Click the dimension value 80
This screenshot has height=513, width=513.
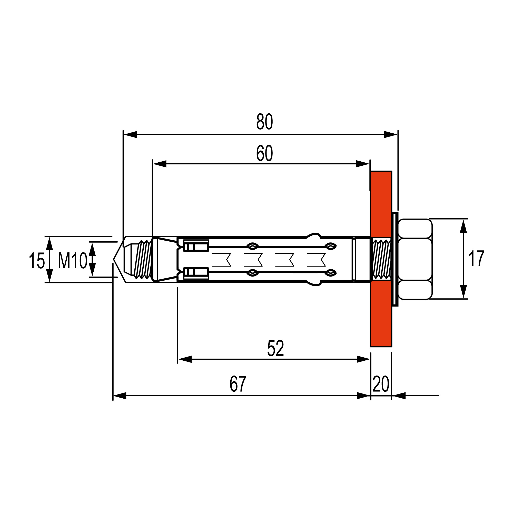[264, 122]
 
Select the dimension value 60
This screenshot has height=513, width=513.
[264, 153]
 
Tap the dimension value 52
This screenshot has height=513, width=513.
[275, 348]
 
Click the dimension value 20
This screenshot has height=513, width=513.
[381, 384]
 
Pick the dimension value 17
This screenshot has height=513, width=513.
[476, 259]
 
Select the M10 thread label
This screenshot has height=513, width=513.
[72, 261]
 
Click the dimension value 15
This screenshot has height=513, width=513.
[37, 261]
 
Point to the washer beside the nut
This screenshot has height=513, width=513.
[395, 259]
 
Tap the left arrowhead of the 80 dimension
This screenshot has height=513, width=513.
[130, 135]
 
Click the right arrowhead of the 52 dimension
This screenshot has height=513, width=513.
[363, 359]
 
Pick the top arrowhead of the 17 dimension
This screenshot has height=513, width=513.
[463, 226]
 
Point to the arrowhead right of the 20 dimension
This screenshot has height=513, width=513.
[399, 396]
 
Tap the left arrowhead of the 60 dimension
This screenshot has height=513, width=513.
[159, 164]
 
